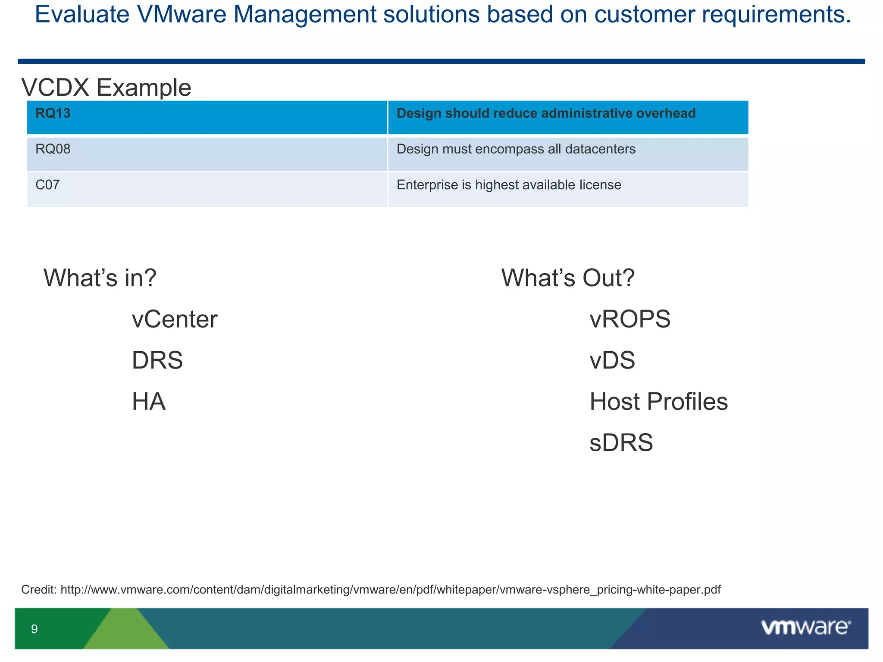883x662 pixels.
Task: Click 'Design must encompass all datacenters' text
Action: pos(516,149)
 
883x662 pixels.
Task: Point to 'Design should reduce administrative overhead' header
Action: pos(546,113)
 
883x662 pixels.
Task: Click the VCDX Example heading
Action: pos(106,87)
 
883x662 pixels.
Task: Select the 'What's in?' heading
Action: pos(100,278)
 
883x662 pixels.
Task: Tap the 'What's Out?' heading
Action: pos(568,278)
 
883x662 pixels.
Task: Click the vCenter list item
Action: pos(175,319)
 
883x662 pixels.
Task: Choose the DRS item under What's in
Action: pos(157,360)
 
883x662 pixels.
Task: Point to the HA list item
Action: pos(149,402)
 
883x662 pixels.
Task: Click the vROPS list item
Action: pos(630,319)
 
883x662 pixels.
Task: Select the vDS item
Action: pos(612,360)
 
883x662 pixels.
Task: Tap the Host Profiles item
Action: pos(658,402)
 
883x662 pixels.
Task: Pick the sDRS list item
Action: pos(621,443)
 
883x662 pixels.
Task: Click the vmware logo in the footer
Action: pos(805,628)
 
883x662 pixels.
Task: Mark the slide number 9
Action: pos(34,629)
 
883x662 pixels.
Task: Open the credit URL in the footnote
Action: pos(390,590)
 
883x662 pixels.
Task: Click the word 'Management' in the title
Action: pos(305,14)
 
